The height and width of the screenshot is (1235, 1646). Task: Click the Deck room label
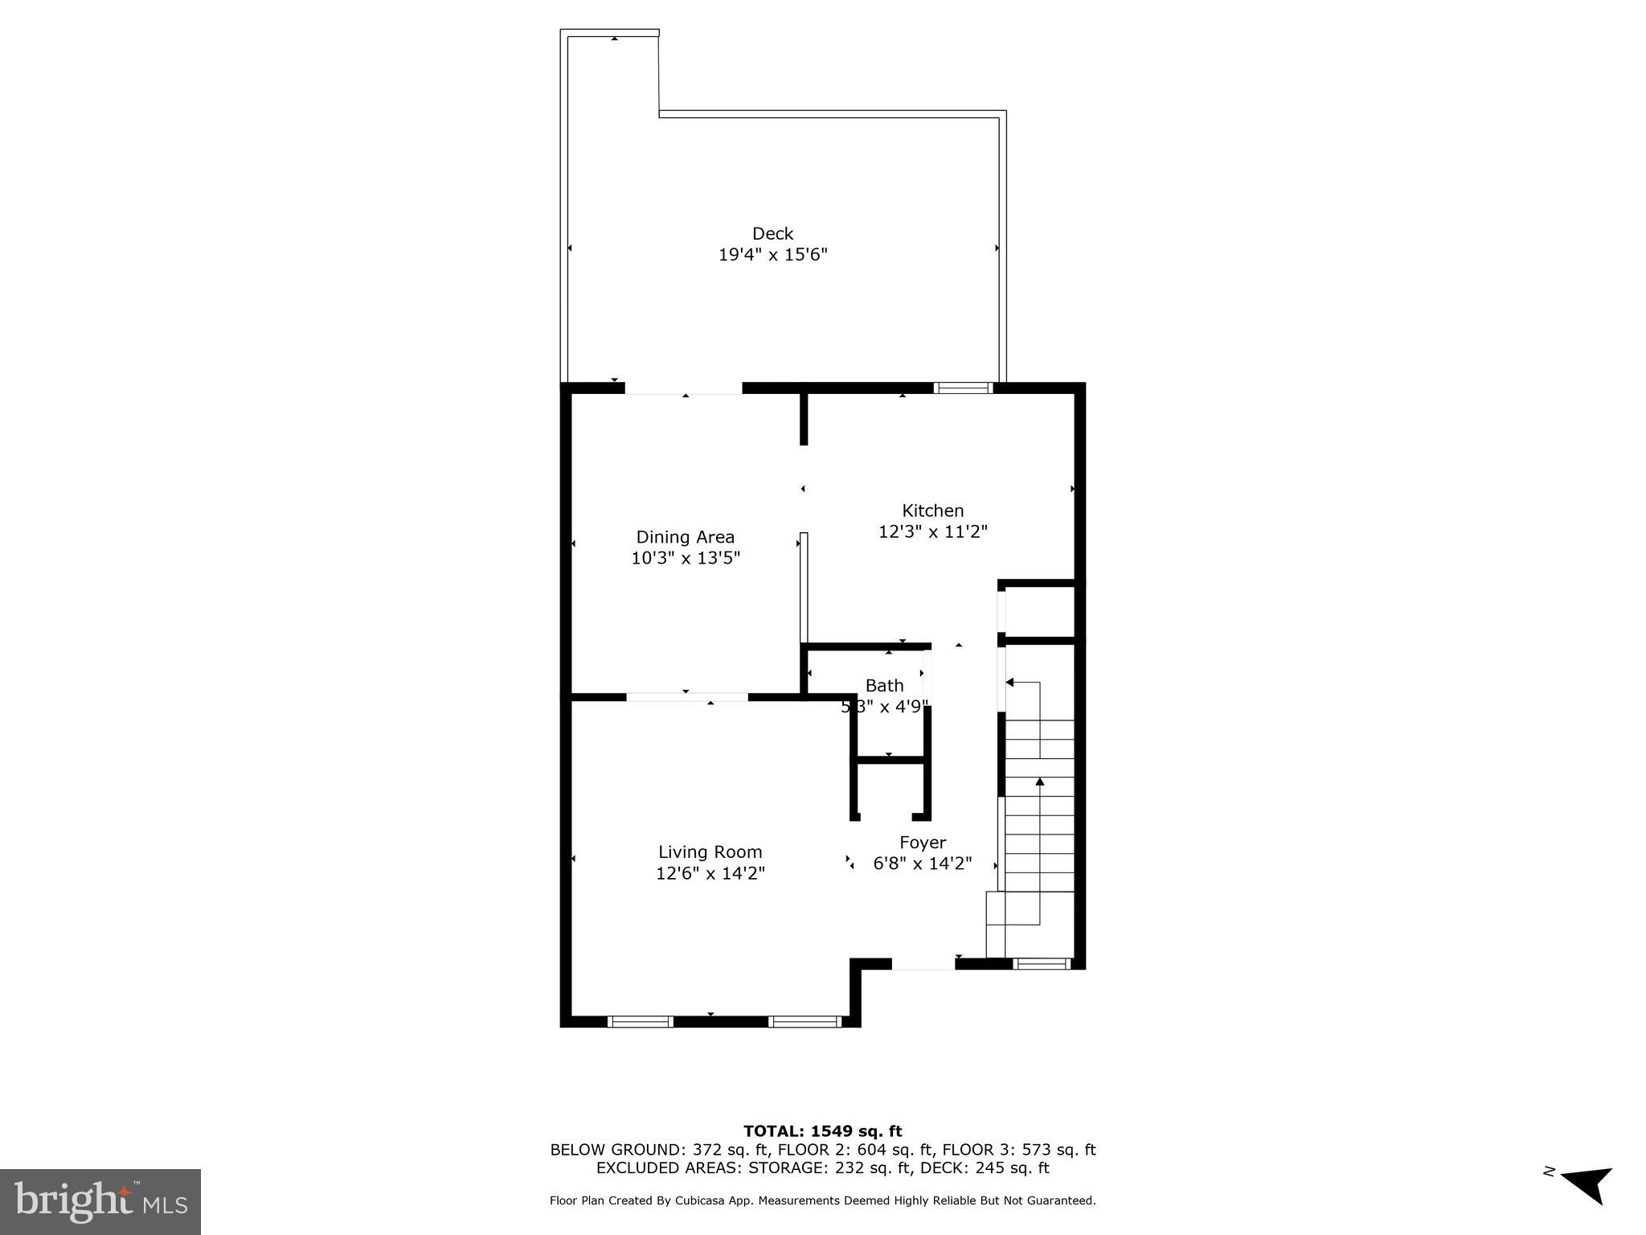[772, 234]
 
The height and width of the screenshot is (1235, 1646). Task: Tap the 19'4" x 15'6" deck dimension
[772, 255]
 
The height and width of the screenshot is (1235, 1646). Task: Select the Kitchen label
[932, 511]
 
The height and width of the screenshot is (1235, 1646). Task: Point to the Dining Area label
[685, 537]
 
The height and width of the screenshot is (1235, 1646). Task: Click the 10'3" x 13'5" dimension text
[685, 558]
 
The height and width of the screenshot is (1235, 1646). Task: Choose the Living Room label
[710, 852]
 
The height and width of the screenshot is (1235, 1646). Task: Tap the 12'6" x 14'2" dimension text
[710, 873]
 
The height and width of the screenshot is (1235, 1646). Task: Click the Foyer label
[922, 843]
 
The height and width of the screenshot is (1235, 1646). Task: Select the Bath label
[884, 686]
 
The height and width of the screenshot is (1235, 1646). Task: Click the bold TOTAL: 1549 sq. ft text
[822, 1132]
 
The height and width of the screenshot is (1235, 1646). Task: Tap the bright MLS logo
[100, 1201]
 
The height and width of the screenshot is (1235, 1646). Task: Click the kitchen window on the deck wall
[963, 388]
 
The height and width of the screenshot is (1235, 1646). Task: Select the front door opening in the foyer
[923, 964]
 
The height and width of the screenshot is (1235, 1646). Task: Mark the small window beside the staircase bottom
[1041, 963]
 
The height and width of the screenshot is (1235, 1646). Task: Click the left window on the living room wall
[640, 1022]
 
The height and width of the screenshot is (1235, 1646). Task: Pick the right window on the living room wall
[804, 1022]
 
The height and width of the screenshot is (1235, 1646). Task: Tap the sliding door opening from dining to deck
[683, 388]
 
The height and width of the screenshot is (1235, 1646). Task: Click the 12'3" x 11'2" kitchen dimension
[932, 531]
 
